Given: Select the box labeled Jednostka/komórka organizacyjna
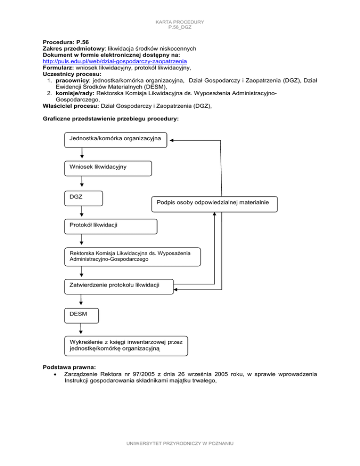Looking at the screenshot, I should point(115,139).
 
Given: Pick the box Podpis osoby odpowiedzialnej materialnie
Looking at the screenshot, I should point(214,203).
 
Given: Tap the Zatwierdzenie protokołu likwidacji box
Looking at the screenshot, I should point(118,286).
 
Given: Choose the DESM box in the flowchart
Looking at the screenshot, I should point(82,315).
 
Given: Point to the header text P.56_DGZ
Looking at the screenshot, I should point(180,28).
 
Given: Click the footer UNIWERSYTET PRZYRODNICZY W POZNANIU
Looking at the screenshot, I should point(180,456).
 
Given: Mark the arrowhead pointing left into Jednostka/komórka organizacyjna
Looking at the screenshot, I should point(172,140).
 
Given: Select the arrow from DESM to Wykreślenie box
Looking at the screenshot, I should point(82,330).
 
